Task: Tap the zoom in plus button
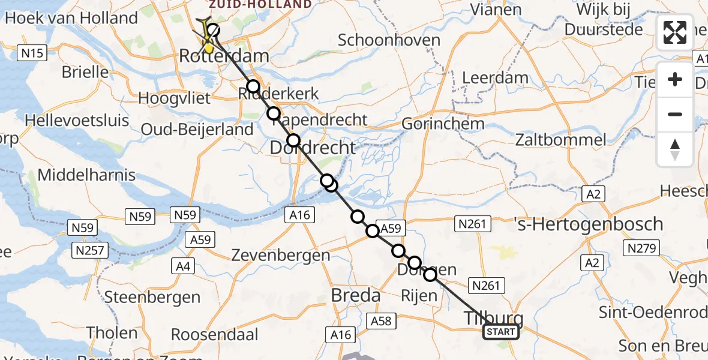pyautogui.click(x=675, y=80)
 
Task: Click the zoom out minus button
pyautogui.click(x=675, y=114)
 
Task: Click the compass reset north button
pyautogui.click(x=675, y=149)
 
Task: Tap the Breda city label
pyautogui.click(x=355, y=295)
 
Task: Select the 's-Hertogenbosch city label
pyautogui.click(x=589, y=224)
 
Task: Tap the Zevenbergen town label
pyautogui.click(x=281, y=255)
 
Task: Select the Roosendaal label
pyautogui.click(x=215, y=334)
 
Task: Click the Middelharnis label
pyautogui.click(x=87, y=176)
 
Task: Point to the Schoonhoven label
pyautogui.click(x=389, y=40)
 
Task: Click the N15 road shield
pyautogui.click(x=32, y=53)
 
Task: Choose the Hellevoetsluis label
pyautogui.click(x=77, y=120)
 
